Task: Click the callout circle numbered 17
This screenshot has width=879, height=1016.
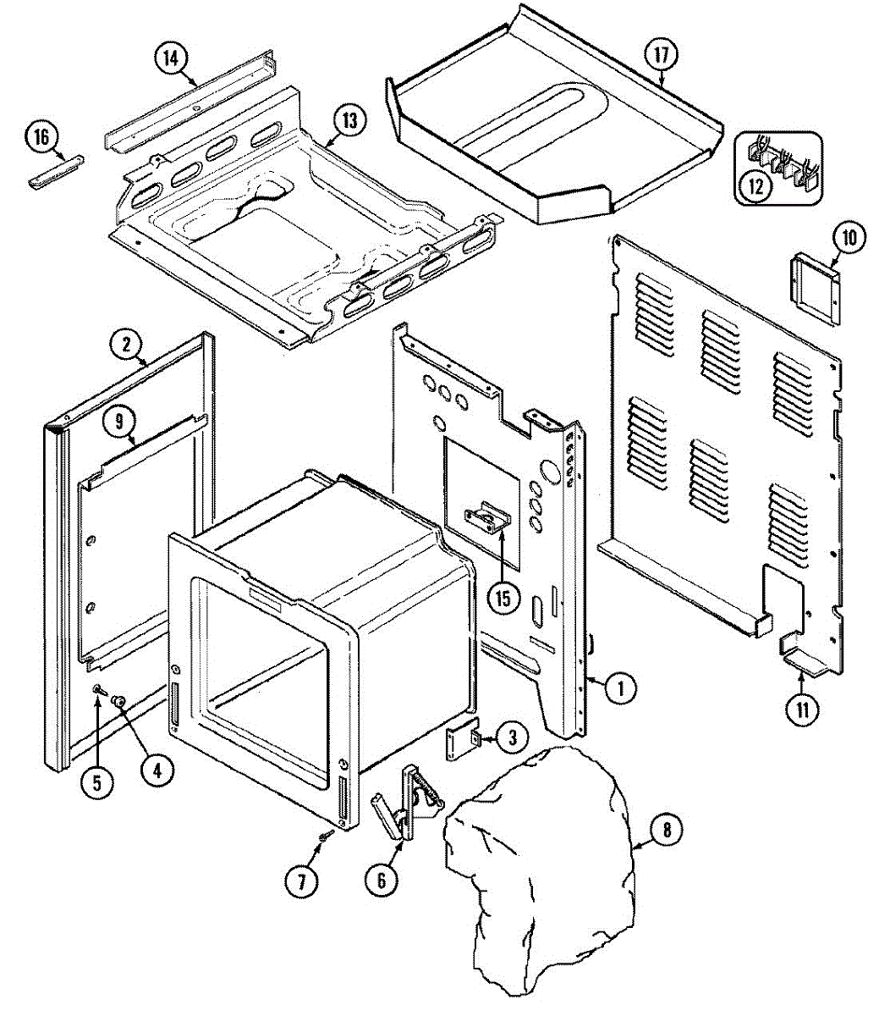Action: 661,56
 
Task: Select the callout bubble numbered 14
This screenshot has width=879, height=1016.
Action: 171,58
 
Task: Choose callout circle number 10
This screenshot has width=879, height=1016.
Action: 849,238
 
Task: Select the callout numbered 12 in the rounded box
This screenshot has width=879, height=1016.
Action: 755,185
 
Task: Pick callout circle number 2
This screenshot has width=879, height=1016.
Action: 127,344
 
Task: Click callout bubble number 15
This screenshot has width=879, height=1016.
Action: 503,598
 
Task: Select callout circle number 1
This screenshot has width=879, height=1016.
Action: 621,687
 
